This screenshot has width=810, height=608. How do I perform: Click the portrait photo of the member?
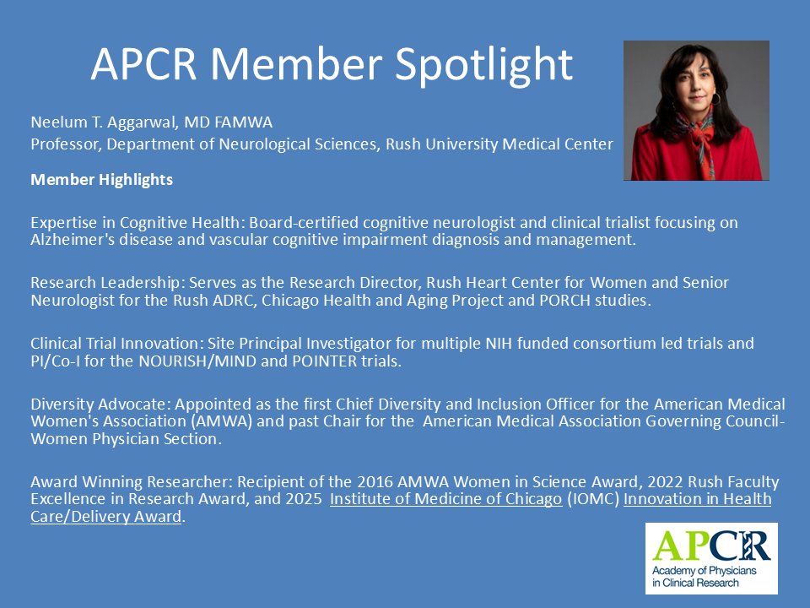[696, 111]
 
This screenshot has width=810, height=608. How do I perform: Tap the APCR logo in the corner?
[711, 558]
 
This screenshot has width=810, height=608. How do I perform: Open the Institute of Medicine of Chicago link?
[445, 499]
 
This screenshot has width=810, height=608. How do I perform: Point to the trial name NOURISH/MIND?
[199, 361]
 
